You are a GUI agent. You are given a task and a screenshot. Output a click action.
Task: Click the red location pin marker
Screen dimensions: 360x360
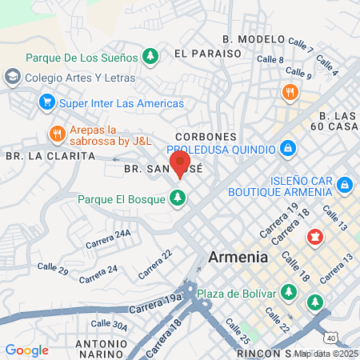[x=178, y=166]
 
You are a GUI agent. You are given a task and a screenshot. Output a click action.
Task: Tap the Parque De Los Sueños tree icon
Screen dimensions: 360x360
[x=150, y=56]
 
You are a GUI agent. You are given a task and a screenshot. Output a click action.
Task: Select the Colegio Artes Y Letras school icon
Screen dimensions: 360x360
[x=13, y=78]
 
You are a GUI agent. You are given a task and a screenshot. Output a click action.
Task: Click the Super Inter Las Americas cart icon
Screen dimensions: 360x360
[x=46, y=102]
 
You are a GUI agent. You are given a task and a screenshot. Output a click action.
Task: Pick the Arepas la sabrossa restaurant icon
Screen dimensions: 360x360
[x=56, y=133]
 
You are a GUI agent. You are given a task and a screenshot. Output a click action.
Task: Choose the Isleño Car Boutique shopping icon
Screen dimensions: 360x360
[x=345, y=185]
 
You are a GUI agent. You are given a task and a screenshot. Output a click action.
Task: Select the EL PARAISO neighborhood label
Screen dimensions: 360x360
[x=207, y=53]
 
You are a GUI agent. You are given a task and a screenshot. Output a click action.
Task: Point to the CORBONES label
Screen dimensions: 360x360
[x=210, y=137]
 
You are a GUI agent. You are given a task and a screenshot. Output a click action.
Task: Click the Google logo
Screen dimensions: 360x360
[x=26, y=350]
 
